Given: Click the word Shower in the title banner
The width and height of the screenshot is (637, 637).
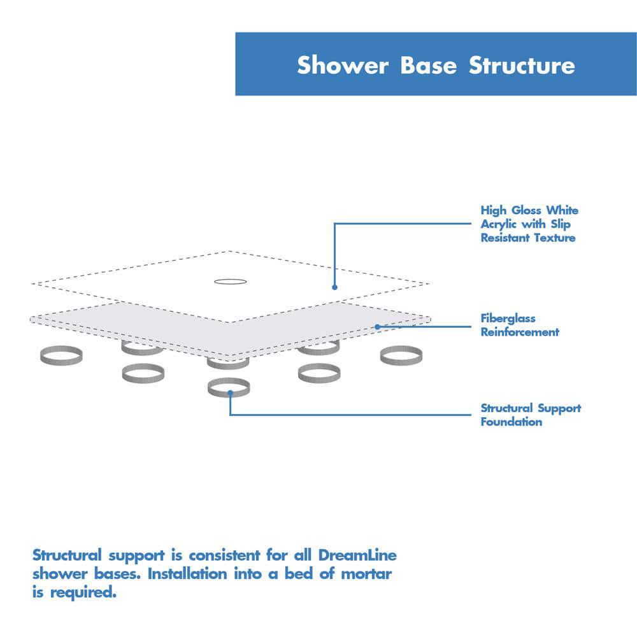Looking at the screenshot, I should [x=343, y=65].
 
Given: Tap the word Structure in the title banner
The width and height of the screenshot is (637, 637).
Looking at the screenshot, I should [x=522, y=65].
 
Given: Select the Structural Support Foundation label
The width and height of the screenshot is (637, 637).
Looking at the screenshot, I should [x=531, y=415].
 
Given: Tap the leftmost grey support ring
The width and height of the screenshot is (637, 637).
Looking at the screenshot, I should [x=61, y=356].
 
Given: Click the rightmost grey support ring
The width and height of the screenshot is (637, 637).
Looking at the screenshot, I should [x=401, y=356].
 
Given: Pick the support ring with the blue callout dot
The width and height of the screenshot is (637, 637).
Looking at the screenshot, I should [x=229, y=387].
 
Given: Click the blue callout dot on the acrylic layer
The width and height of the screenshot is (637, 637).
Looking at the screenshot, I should [x=335, y=287].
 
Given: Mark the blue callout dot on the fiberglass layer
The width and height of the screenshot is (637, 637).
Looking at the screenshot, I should [x=377, y=327].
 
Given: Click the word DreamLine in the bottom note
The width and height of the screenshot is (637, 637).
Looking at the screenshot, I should [x=361, y=555].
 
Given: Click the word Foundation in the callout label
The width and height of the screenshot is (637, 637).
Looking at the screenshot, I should [x=511, y=422].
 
